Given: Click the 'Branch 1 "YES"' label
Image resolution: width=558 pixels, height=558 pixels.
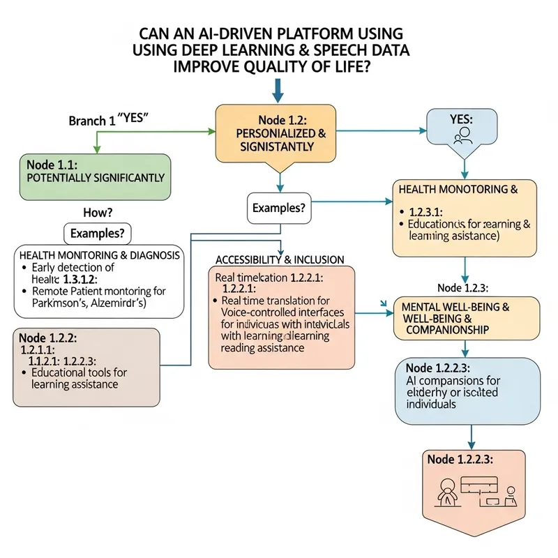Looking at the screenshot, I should (x=111, y=119).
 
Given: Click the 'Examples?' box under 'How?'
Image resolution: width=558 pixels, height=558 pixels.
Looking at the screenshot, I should (x=98, y=233).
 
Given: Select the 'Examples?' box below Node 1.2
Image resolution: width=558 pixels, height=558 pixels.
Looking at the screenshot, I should (x=280, y=207).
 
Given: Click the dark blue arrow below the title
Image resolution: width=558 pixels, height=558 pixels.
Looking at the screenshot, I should (x=278, y=90).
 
